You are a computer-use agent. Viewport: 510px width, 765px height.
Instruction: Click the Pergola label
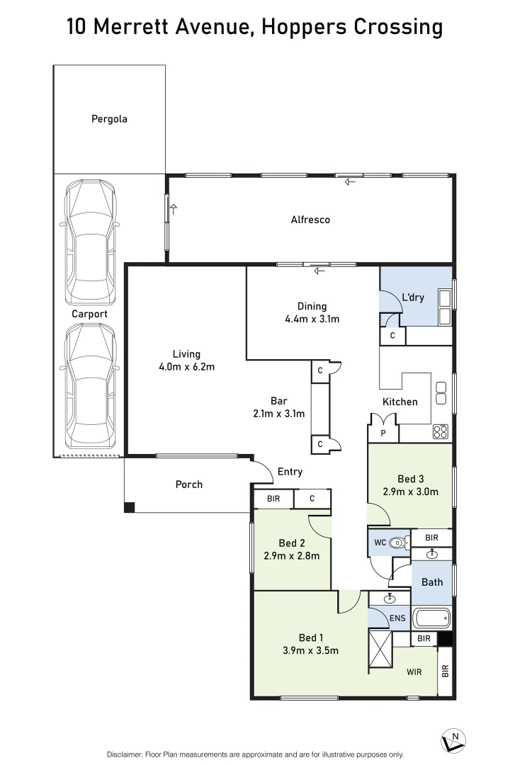(x=109, y=119)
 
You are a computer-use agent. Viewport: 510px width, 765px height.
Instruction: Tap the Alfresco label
(x=310, y=220)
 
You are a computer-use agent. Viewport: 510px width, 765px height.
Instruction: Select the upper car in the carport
(x=90, y=242)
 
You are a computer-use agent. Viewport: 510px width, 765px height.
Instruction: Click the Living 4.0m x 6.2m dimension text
(x=186, y=367)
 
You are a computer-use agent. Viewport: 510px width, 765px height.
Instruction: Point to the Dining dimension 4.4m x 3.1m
(x=312, y=319)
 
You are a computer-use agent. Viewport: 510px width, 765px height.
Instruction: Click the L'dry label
(x=413, y=297)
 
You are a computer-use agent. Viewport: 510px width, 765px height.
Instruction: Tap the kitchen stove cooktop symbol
(x=440, y=432)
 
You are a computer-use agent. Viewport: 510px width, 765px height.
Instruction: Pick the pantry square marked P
(x=384, y=433)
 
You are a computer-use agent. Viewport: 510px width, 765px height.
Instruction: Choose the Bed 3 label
(x=410, y=479)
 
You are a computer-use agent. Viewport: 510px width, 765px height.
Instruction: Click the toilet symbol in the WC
(x=399, y=543)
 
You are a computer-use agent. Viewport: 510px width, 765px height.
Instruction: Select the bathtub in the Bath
(x=431, y=618)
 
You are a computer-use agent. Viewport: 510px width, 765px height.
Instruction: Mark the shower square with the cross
(x=380, y=650)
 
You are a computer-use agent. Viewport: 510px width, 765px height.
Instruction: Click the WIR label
(x=414, y=671)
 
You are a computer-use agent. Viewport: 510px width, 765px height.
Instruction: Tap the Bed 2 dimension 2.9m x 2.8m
(x=292, y=556)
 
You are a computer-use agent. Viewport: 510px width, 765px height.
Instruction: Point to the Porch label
(x=189, y=484)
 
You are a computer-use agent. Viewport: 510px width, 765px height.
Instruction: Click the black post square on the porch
(x=130, y=507)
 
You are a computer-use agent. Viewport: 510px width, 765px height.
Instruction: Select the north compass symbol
(x=453, y=741)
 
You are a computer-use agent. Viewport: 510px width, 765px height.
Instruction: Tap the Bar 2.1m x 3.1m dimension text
(x=279, y=414)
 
